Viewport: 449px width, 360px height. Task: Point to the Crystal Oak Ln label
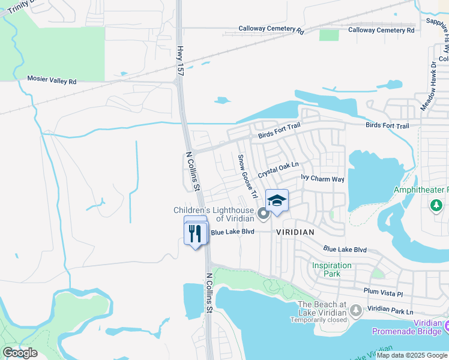coord(278,169)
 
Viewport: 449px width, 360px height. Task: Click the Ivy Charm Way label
coord(322,179)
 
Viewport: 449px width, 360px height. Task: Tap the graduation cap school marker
coord(277,201)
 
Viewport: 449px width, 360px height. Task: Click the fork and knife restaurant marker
coord(196,233)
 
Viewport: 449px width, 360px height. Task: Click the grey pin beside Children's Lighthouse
coord(263,214)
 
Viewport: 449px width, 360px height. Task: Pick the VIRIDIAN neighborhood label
coord(295,232)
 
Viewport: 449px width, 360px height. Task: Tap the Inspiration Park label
coord(331,269)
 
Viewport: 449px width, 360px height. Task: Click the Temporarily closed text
coord(319,320)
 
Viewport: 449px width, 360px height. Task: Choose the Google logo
coord(20,352)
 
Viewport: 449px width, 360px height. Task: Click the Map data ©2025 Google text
coord(412,355)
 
